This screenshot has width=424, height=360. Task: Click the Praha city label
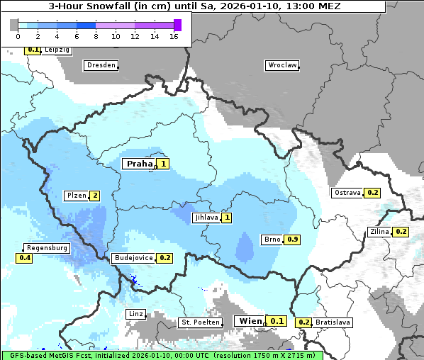pyautogui.click(x=140, y=164)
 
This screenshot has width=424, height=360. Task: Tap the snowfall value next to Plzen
pyautogui.click(x=94, y=196)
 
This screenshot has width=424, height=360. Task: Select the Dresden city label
pyautogui.click(x=101, y=65)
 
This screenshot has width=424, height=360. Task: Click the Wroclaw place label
pyautogui.click(x=282, y=65)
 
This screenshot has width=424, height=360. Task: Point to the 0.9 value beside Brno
pyautogui.click(x=292, y=240)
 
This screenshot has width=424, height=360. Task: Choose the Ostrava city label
pyautogui.click(x=347, y=193)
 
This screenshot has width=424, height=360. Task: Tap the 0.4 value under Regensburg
pyautogui.click(x=25, y=259)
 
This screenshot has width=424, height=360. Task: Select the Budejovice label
pyautogui.click(x=133, y=258)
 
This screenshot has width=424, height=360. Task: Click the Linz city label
pyautogui.click(x=135, y=314)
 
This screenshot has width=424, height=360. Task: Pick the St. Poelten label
pyautogui.click(x=201, y=322)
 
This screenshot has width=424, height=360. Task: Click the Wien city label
pyautogui.click(x=250, y=321)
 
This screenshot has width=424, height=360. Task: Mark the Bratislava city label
pyautogui.click(x=333, y=322)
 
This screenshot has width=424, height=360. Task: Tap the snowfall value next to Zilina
pyautogui.click(x=401, y=232)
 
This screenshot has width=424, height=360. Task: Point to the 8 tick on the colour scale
pyautogui.click(x=96, y=36)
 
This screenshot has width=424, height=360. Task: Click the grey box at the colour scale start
pyautogui.click(x=14, y=25)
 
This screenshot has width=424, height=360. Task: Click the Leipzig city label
pyautogui.click(x=57, y=50)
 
